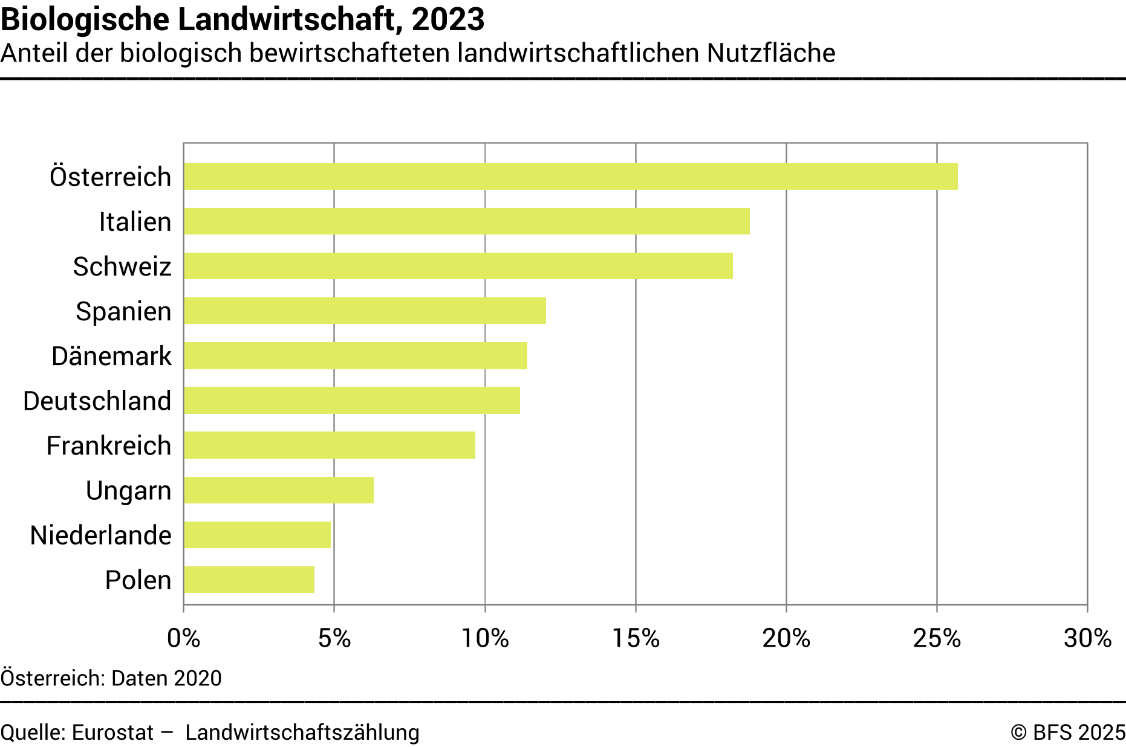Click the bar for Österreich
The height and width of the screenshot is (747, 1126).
pos(570,176)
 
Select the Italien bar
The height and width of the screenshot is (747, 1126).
pos(466,221)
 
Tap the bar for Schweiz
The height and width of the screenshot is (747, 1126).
pos(458,266)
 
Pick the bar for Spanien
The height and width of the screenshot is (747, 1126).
pos(365,311)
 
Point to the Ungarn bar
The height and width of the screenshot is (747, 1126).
pos(278,490)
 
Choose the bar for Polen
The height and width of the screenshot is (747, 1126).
pos(249,580)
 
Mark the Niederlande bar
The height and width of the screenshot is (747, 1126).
pos(257,535)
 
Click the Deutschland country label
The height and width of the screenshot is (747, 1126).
pos(97,401)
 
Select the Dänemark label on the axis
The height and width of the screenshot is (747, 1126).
pos(111,356)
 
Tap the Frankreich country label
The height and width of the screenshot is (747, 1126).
pos(109,445)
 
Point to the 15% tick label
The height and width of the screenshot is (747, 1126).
pos(636,638)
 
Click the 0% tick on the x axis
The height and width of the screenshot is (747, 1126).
pos(183,638)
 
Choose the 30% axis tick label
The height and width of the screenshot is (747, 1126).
pos(1087,638)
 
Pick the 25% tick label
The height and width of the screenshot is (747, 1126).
pos(937,638)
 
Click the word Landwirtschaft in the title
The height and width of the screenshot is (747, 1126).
pos(287,19)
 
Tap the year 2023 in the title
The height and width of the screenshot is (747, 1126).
pos(448,19)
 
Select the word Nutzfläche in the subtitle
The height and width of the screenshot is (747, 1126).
pos(771,53)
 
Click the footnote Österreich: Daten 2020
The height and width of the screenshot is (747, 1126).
pos(111,678)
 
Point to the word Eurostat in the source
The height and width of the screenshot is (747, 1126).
pos(112,732)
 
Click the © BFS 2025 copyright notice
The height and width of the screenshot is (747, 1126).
pos(1068,732)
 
